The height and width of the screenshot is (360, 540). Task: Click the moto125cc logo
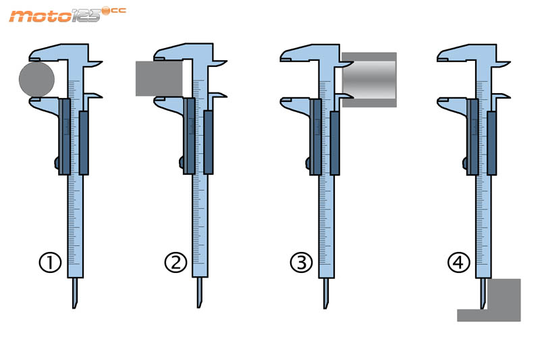click(x=67, y=15)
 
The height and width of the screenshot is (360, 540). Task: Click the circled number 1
click(x=50, y=263)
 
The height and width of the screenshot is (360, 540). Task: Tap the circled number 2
click(x=175, y=263)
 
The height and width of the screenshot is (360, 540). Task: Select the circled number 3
click(x=301, y=263)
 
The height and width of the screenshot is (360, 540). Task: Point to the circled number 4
click(x=458, y=263)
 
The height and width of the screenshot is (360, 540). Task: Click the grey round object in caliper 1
click(x=36, y=79)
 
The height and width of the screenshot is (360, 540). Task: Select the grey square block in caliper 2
click(x=159, y=78)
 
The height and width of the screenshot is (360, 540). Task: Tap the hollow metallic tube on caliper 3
click(x=369, y=80)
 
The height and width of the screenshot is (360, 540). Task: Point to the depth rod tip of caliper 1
click(x=74, y=307)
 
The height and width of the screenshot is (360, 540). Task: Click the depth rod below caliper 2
click(x=199, y=293)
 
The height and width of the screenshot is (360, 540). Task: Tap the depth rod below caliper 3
click(x=326, y=293)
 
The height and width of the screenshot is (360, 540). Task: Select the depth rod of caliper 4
click(x=483, y=294)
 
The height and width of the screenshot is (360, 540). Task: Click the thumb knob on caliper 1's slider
click(x=57, y=163)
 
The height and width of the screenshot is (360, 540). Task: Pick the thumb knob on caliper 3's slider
click(x=308, y=163)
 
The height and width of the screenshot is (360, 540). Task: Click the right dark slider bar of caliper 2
click(x=209, y=143)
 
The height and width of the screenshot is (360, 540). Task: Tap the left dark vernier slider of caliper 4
click(x=473, y=136)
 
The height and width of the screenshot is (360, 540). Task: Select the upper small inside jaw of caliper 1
click(x=94, y=63)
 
